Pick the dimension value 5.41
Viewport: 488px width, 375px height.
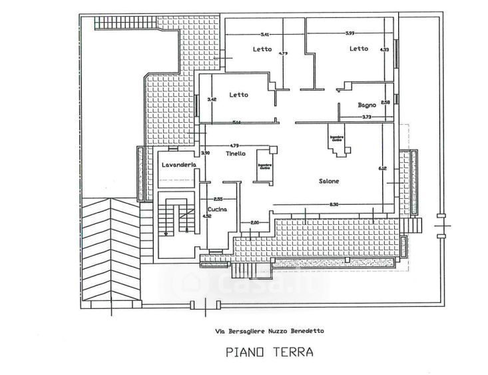tap(264, 34)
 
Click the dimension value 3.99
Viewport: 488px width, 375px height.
tap(350, 34)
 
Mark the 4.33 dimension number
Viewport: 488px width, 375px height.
tap(384, 49)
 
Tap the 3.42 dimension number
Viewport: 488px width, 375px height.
tap(212, 99)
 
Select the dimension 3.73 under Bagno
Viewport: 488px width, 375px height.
tap(366, 117)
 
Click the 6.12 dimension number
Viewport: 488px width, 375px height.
tap(382, 168)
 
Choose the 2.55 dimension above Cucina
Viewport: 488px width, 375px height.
tap(218, 200)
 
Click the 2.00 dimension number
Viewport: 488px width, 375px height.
tap(254, 223)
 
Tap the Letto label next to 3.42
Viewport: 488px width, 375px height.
tap(238, 95)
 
